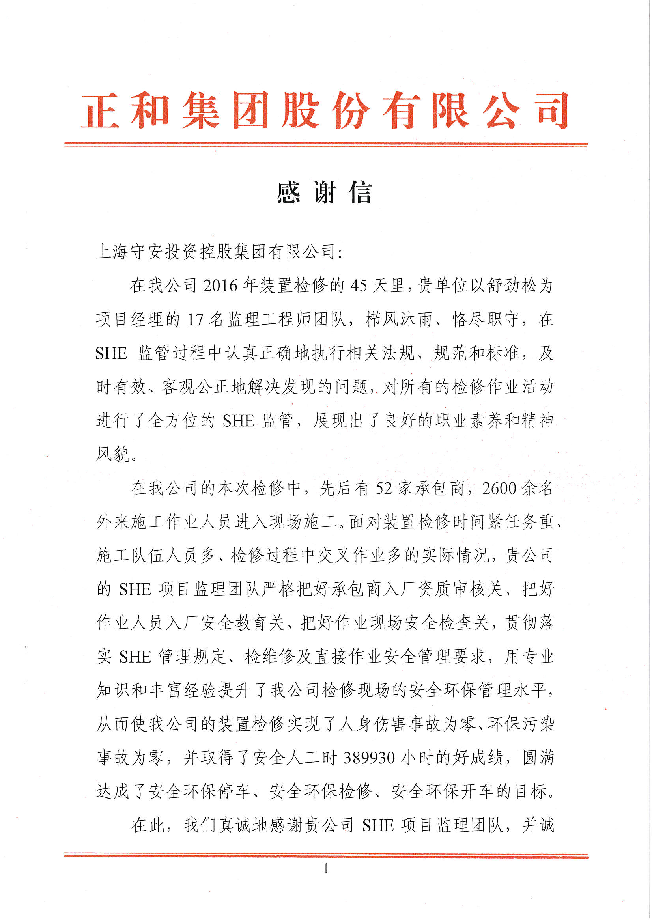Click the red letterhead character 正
[x=100, y=110]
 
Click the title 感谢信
[x=325, y=193]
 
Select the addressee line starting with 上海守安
[x=219, y=252]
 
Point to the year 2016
[x=220, y=286]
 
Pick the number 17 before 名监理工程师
[x=196, y=320]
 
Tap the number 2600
[x=499, y=488]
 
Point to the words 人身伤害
[x=373, y=724]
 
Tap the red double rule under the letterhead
[x=326, y=144]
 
